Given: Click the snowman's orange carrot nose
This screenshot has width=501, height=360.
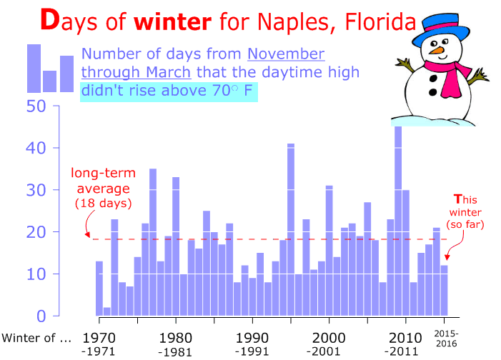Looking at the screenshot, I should tap(434, 51).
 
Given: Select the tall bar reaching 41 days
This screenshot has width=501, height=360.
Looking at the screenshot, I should tap(291, 229).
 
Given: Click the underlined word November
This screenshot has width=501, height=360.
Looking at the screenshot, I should tap(287, 55).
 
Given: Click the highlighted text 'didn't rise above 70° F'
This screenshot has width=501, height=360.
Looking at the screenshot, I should tap(168, 91).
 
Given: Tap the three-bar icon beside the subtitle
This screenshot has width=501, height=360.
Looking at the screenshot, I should tap(50, 69).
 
